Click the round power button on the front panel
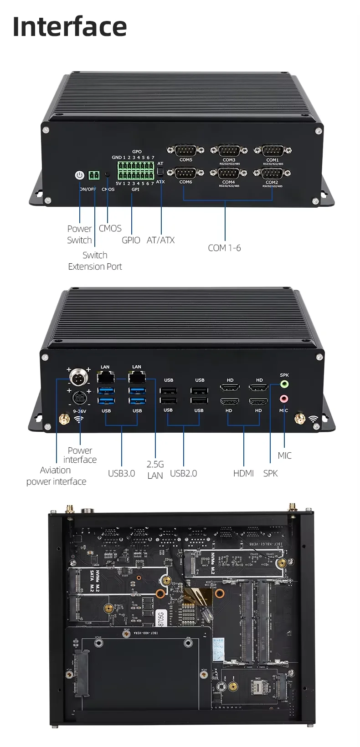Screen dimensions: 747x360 pos(80,175)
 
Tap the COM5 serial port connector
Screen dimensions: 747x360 pos(185,150)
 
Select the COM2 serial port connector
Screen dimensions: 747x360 pos(272,173)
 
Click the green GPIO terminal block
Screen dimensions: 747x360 pos(136,170)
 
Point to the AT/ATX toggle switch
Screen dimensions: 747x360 pos(160,172)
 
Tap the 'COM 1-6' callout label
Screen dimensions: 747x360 pos(224,248)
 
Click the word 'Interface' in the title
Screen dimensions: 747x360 pos(70,26)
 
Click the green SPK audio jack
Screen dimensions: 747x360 pos(284,384)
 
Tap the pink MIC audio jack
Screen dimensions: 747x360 pos(284,399)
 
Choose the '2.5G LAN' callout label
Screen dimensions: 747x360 pos(155,470)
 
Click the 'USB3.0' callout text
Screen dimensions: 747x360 pos(121,473)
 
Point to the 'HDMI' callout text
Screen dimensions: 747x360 pos(243,473)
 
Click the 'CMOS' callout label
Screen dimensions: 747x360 pos(110,228)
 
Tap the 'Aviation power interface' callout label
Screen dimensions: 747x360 pos(56,476)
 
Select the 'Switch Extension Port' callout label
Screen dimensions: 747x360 pos(95,261)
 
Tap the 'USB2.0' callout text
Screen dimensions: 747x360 pos(183,473)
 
